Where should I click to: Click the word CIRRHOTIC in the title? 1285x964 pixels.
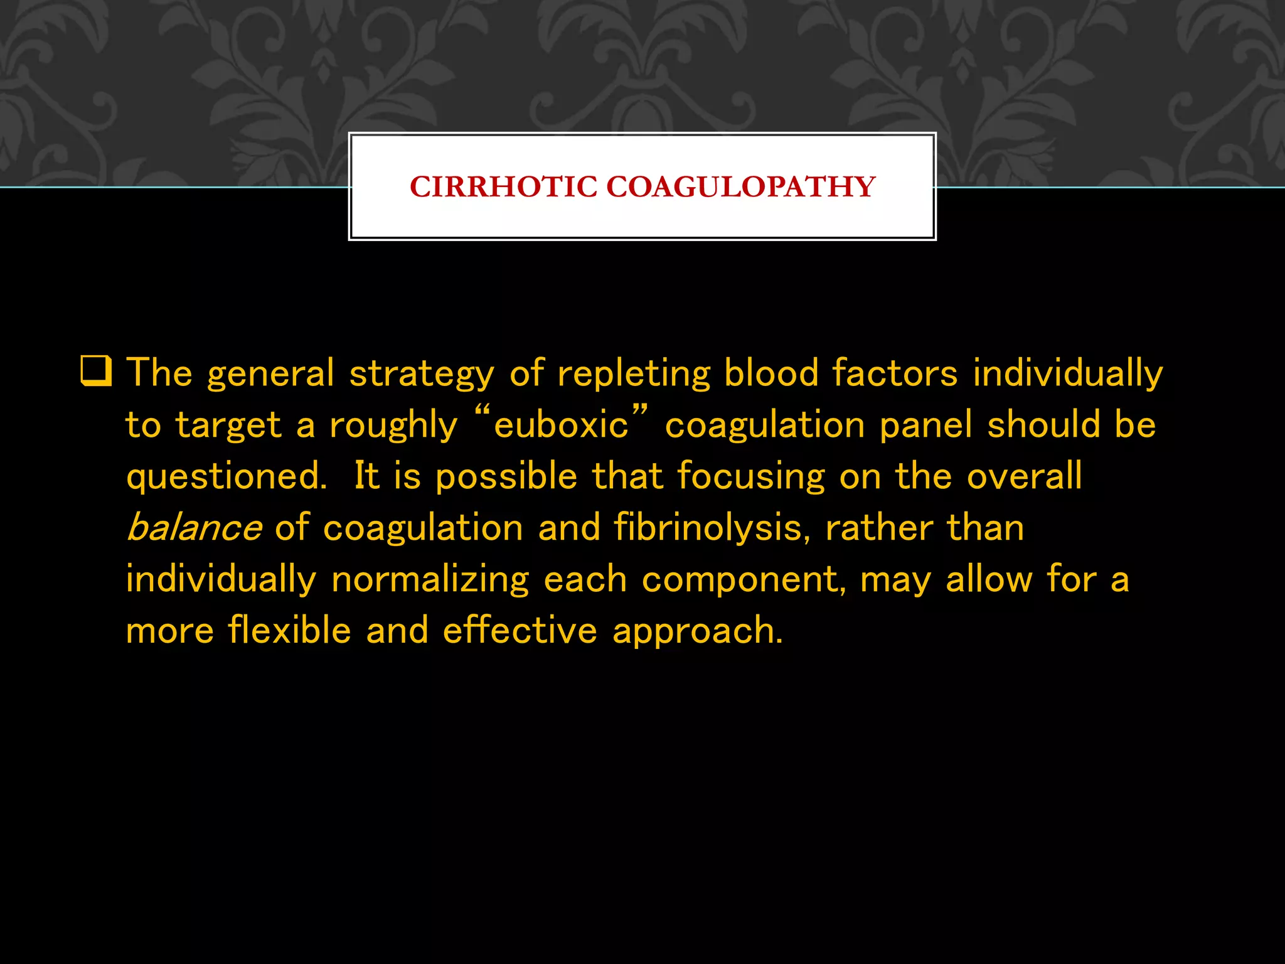tap(503, 187)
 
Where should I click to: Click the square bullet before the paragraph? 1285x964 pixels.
tap(96, 371)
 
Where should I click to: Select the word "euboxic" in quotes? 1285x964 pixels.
tap(561, 425)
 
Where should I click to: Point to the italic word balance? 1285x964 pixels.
tap(194, 527)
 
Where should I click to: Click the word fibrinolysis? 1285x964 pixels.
tap(708, 527)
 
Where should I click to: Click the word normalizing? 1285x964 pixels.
tap(430, 579)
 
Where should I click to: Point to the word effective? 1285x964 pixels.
tap(520, 630)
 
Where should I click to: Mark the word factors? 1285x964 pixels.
tap(895, 373)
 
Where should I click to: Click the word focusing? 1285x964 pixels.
tap(751, 476)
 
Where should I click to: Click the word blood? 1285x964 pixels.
tap(771, 373)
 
